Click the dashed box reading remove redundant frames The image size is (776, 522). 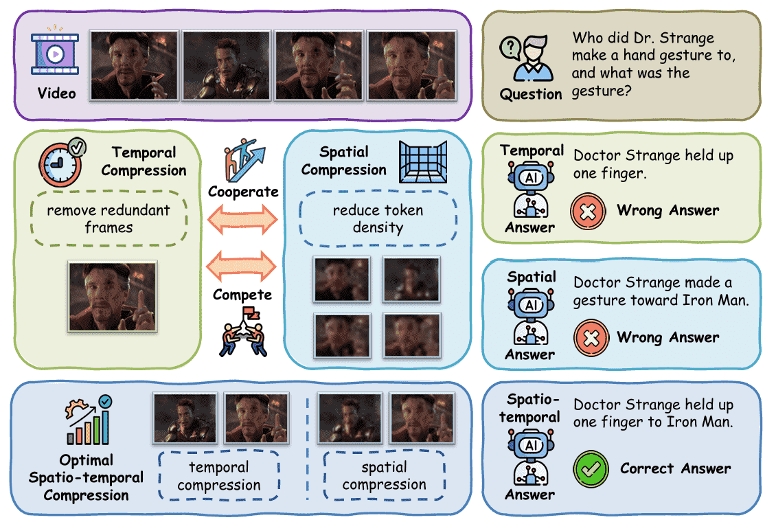pos(109,218)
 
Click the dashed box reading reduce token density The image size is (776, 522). pos(378,218)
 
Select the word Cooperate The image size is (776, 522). pos(243,192)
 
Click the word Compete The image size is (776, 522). pos(242,295)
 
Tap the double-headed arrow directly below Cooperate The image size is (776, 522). pos(243,220)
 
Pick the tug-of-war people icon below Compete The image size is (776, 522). pos(242,332)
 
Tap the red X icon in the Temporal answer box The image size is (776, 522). pos(588,211)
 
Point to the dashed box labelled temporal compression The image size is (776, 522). pos(219,476)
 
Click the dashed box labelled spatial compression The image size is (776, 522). pos(384,476)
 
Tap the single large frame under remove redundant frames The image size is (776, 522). pos(112,296)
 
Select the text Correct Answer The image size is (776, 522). pos(675,469)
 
